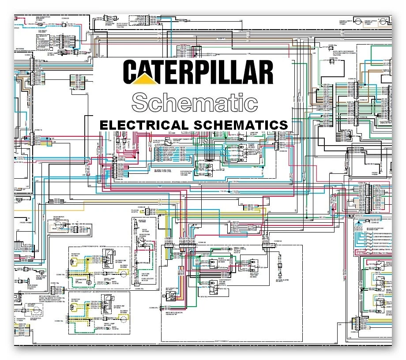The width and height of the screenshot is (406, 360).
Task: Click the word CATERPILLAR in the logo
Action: pyautogui.click(x=198, y=72)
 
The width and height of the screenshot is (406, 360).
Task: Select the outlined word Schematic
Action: pyautogui.click(x=195, y=102)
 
